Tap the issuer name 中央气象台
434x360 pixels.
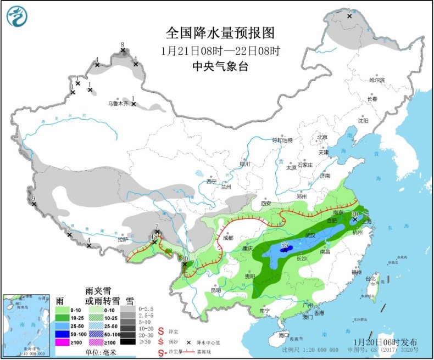pos(220,66)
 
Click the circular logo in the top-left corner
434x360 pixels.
pos(18,16)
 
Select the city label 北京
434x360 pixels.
pos(321,138)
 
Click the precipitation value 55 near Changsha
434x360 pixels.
pos(285,245)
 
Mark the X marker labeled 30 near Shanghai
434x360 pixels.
pos(355,219)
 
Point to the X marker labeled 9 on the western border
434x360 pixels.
pos(34,205)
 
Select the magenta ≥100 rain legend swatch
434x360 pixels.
pos(70,342)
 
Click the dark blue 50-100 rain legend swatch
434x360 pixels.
pos(70,333)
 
